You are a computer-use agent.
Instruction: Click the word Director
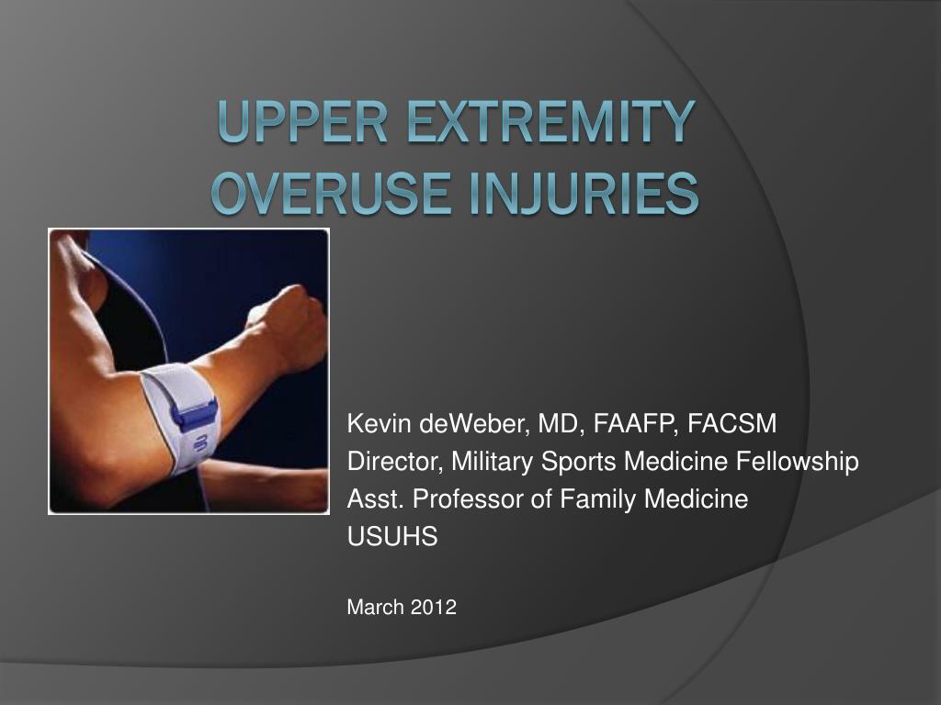pyautogui.click(x=392, y=462)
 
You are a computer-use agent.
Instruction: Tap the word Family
pyautogui.click(x=584, y=499)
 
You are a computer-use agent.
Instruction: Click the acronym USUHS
pyautogui.click(x=392, y=538)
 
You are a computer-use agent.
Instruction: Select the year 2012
pyautogui.click(x=434, y=607)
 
